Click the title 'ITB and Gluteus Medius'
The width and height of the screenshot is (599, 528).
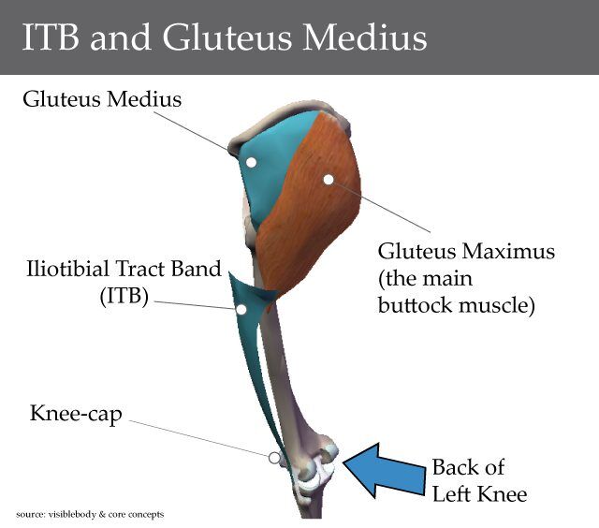coord(224,37)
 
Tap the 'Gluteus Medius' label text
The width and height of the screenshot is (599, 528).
coord(102,96)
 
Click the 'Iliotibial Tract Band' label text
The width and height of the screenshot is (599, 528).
coord(124,271)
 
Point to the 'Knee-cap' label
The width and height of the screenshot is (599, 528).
coord(75,413)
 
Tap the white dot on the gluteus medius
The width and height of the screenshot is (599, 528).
coord(251,162)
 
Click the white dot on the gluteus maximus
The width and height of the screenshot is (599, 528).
coord(328,179)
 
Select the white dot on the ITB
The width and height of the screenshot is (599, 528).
coord(241,309)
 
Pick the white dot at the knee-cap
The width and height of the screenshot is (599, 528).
coord(273,458)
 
